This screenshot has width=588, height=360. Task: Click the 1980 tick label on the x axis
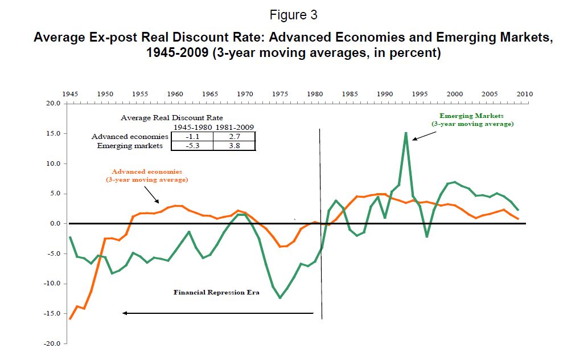coord(315,94)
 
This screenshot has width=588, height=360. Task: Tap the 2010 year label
coord(525,94)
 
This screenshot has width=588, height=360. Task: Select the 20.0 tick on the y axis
coord(54,104)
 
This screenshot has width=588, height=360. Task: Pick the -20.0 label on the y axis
coord(53,344)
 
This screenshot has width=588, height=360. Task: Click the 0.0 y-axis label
coord(56,224)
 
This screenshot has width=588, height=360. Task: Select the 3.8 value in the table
coord(234,146)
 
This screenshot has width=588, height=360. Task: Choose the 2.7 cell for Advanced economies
coord(234,137)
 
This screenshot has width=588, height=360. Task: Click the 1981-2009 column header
coord(234,128)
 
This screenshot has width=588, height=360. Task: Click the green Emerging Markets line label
coord(472,120)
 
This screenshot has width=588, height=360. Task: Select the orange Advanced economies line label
coord(147,175)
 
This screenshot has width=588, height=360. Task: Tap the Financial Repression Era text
coord(216,293)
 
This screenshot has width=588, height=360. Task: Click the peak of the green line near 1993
coord(406,133)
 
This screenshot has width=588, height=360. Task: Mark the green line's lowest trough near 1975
coord(280,298)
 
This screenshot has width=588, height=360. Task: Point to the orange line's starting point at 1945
coord(70,318)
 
